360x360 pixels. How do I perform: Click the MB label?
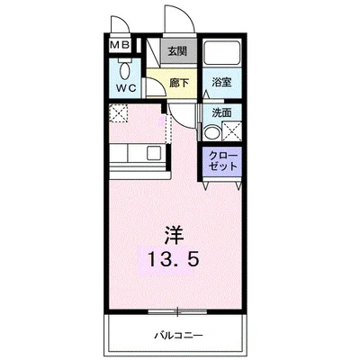120,45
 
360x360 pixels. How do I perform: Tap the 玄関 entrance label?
179,51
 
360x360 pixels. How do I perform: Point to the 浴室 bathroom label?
220,83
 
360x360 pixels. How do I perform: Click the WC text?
125,88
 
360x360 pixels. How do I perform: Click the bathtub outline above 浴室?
220,55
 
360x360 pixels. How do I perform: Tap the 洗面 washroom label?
220,112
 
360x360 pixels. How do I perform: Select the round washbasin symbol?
211,131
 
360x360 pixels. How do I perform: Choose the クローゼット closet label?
221,161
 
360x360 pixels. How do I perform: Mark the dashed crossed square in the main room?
120,114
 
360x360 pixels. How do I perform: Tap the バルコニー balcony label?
176,335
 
